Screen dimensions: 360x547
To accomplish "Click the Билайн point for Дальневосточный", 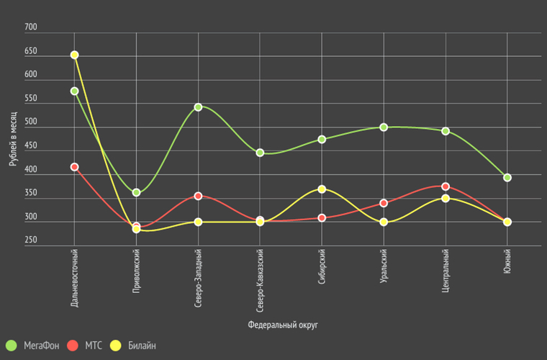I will (74, 55).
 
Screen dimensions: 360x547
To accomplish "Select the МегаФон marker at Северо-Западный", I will (198, 107).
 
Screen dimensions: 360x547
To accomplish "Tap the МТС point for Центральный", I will (446, 186).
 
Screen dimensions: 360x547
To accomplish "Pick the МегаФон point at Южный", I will (507, 177).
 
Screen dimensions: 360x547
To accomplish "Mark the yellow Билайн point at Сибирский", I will (322, 189).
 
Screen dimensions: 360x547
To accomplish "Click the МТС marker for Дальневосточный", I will (74, 167).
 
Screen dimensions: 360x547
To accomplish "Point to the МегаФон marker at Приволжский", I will (136, 192).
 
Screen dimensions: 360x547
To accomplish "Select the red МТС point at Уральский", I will (384, 203).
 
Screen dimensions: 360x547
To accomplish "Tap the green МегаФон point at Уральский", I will (384, 127).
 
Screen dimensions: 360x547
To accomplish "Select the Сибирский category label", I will (322, 267).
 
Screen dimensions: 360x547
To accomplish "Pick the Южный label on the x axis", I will (507, 264).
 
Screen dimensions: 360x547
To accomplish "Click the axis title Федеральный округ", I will (283, 325).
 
